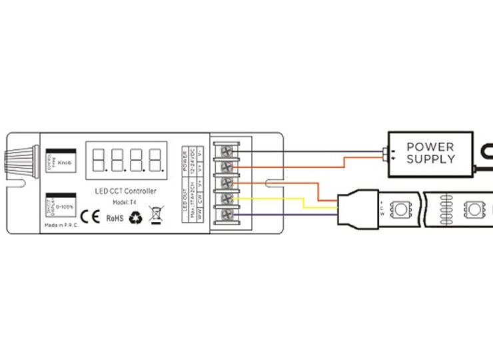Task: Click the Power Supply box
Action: pyautogui.click(x=430, y=153)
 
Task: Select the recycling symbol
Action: pyautogui.click(x=136, y=217)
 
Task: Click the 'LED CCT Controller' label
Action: pyautogui.click(x=125, y=191)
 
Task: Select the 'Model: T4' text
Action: pyautogui.click(x=125, y=201)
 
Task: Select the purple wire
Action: pyautogui.click(x=286, y=214)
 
